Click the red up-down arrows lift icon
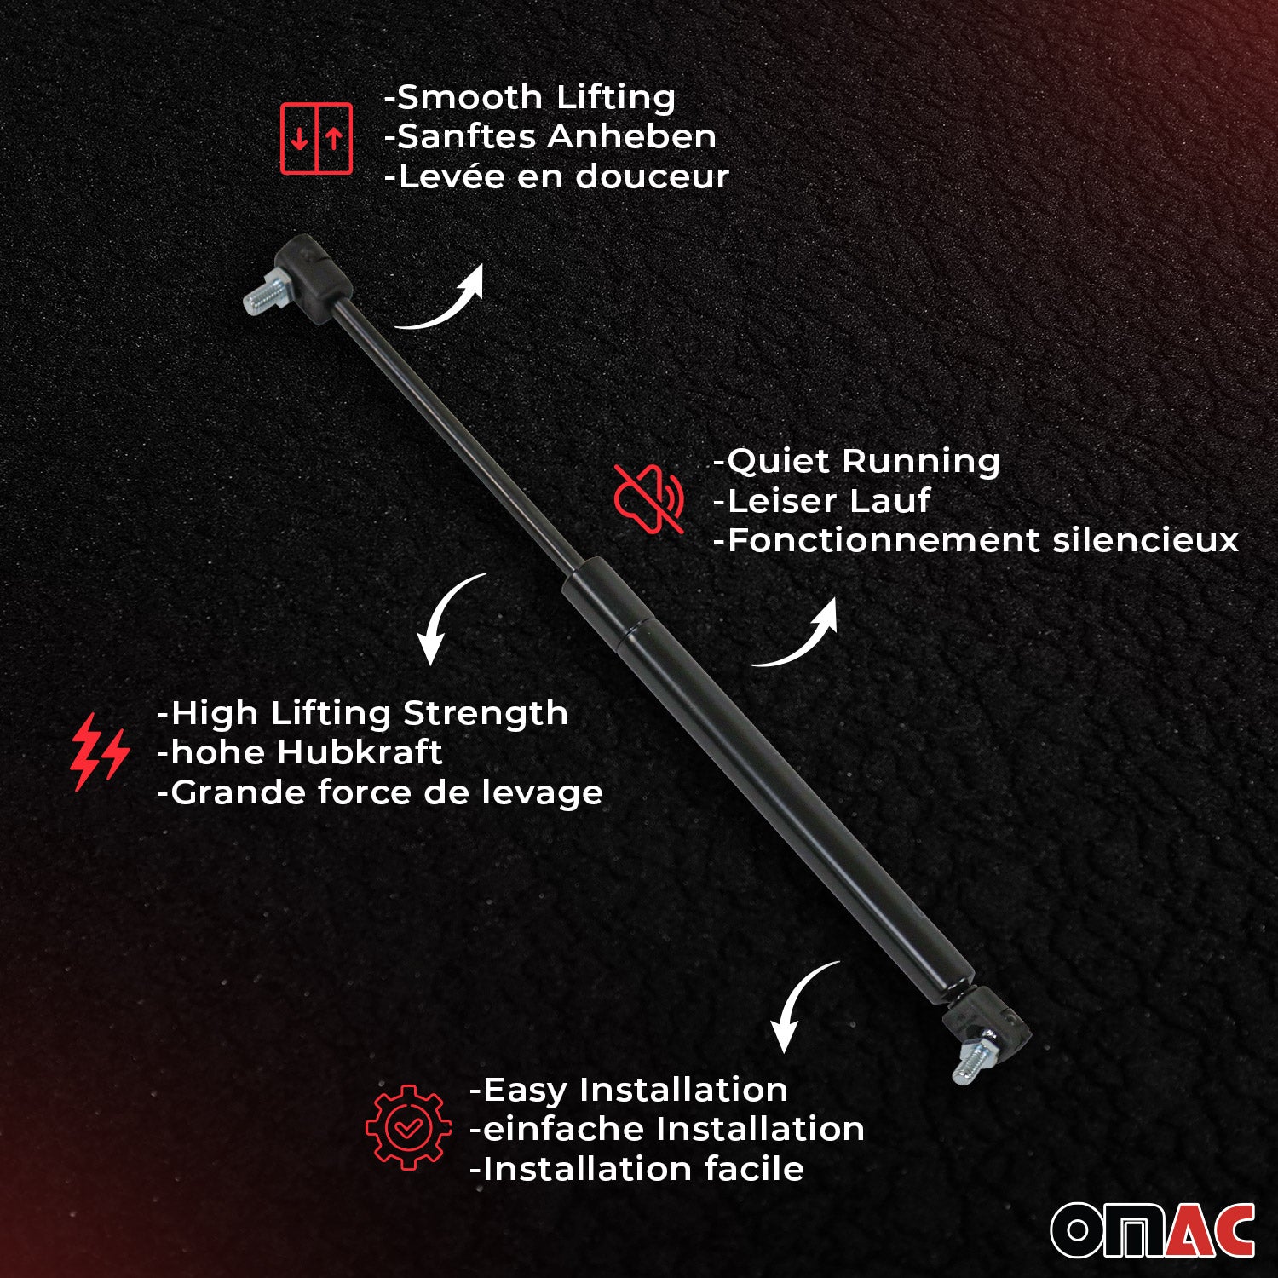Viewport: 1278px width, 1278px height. click(x=316, y=138)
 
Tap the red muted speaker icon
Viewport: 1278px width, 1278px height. click(x=649, y=498)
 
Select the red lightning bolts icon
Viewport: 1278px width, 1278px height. click(x=99, y=751)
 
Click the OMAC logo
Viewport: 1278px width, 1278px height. click(x=1152, y=1230)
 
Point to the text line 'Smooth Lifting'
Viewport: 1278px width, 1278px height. click(x=530, y=98)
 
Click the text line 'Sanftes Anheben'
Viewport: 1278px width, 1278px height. click(x=550, y=137)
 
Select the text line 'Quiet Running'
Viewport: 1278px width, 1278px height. click(x=856, y=461)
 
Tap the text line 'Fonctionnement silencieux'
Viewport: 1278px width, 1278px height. click(x=976, y=540)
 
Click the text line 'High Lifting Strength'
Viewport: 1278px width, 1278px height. click(x=362, y=713)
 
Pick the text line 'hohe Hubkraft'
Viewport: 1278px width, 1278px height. click(x=300, y=752)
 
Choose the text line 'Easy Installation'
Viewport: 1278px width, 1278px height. click(x=629, y=1090)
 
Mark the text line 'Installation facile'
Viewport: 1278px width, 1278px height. click(x=636, y=1169)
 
